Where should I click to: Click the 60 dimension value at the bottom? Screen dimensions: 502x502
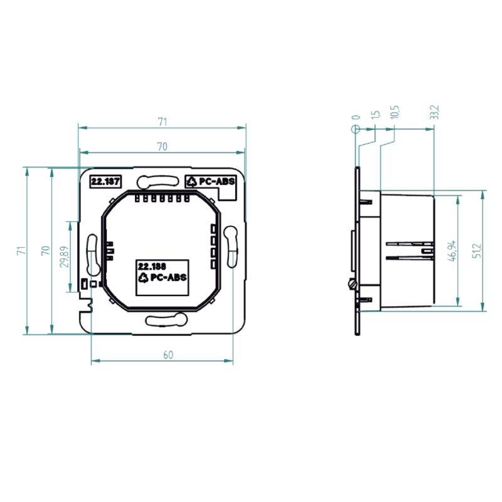coord(168,355)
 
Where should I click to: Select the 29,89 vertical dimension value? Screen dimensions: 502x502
coord(65,257)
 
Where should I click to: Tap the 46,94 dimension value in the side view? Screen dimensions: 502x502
coord(452,251)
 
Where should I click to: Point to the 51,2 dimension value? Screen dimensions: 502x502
coord(476,250)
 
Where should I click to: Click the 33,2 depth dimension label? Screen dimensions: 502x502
coord(434,112)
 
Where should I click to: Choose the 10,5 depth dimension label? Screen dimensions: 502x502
coord(395,112)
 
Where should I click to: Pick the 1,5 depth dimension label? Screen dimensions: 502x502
coord(375,115)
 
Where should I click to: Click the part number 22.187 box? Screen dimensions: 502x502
coord(105,181)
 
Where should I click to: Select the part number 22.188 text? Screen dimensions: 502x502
coord(152,266)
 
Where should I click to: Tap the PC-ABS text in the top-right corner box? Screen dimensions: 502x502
coord(216,181)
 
